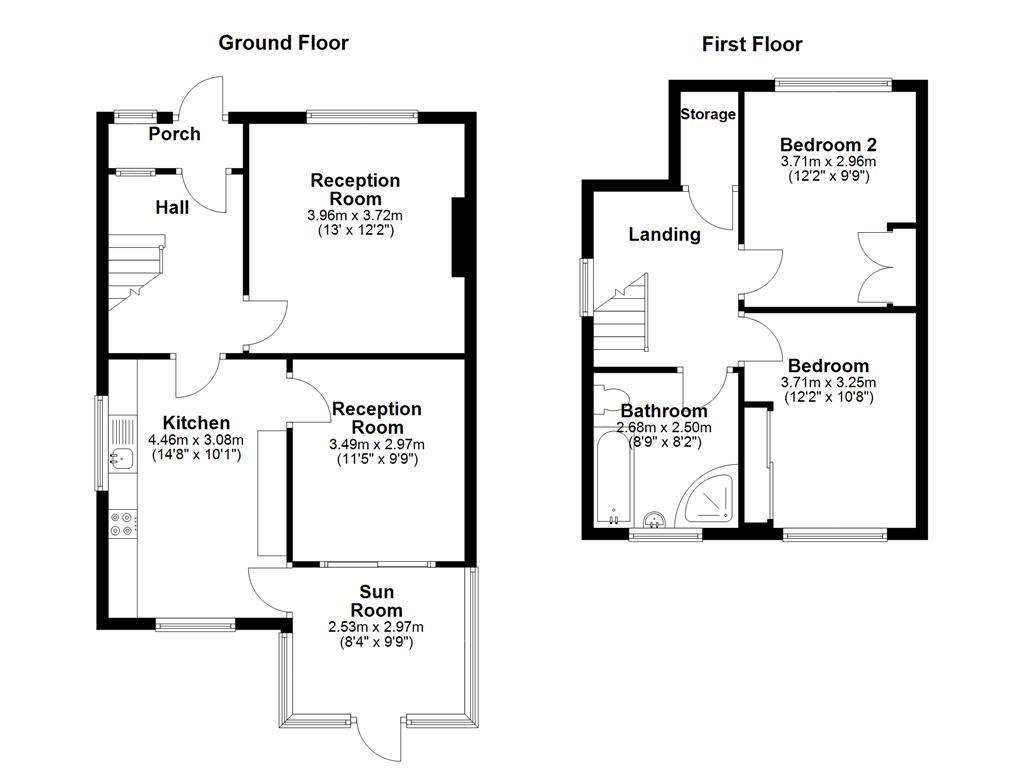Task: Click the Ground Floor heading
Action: coord(283,42)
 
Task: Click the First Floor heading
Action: coord(751,44)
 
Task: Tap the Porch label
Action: coord(174,134)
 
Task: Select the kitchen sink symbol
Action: coord(121,459)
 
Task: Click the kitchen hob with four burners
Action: coord(122,525)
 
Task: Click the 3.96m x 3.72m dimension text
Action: coord(355,215)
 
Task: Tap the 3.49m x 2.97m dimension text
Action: coord(377,444)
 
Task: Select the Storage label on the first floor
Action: coord(708,114)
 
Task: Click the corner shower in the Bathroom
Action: coord(711,498)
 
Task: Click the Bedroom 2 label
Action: coord(827,143)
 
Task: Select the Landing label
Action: coord(664,235)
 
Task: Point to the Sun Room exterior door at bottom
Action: coord(380,738)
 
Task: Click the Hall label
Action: coord(172,208)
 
